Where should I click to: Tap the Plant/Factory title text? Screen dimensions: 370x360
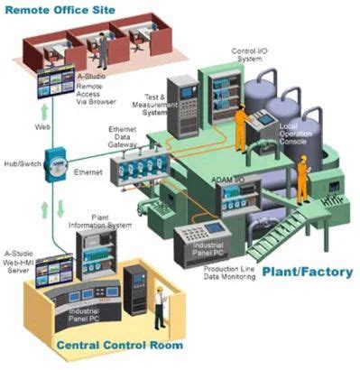(x=306, y=270)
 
